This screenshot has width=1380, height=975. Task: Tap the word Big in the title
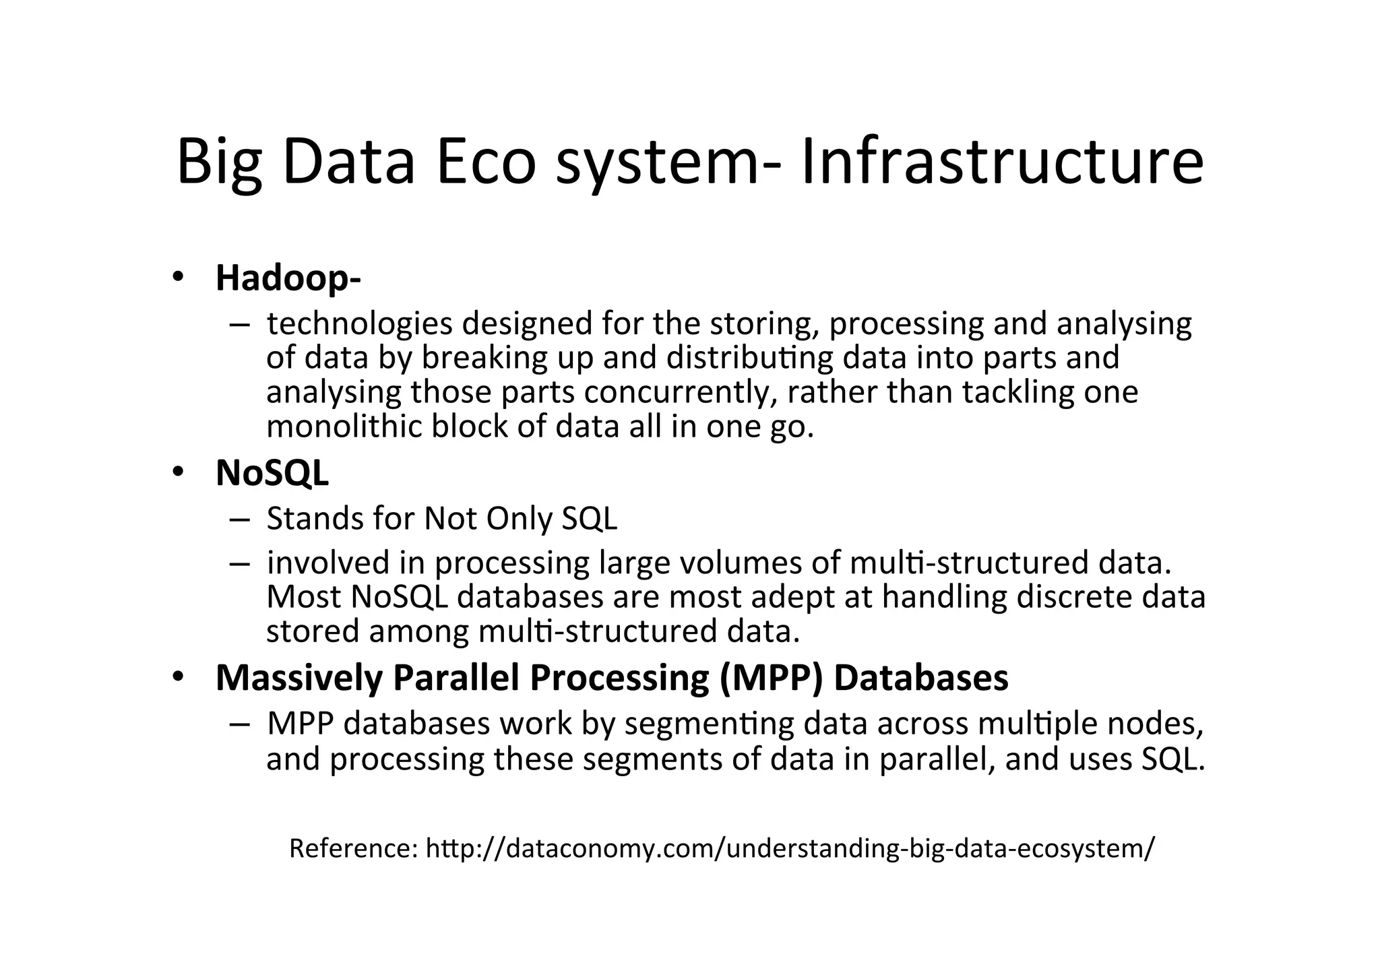coord(219,163)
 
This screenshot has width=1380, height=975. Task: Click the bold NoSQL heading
coord(272,473)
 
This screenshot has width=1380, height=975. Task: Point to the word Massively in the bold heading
coord(298,678)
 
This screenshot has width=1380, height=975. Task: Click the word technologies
coord(359,324)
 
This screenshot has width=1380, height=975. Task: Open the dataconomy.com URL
coord(790,848)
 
